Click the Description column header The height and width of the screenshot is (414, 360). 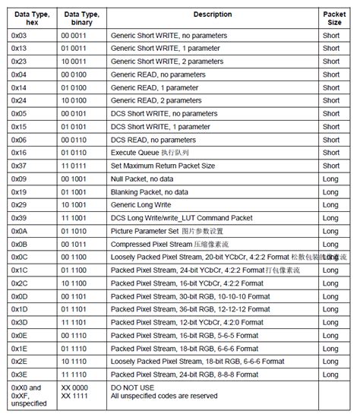click(x=213, y=14)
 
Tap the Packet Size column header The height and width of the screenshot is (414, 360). click(x=334, y=18)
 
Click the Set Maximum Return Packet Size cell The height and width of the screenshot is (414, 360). click(x=163, y=166)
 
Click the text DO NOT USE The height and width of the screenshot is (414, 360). click(x=132, y=387)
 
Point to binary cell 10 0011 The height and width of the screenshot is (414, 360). click(x=75, y=62)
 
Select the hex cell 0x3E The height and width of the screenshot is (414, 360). click(x=20, y=374)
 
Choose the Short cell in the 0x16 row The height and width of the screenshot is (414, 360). click(x=331, y=153)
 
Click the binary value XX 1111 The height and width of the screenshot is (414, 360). click(x=75, y=396)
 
